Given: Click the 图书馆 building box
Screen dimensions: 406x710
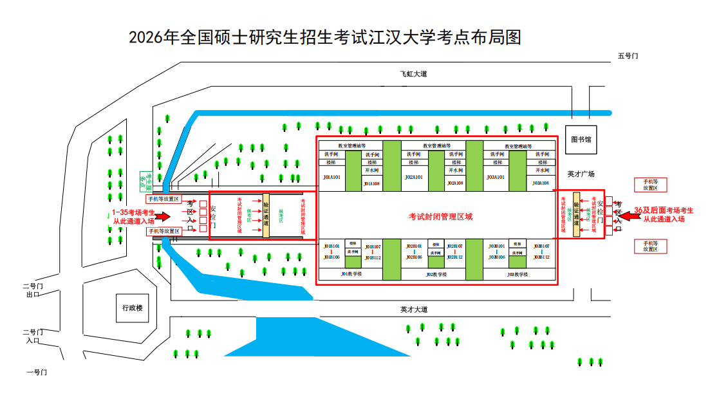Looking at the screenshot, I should (x=581, y=139).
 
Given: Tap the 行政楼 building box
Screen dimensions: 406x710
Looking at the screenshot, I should (x=132, y=308).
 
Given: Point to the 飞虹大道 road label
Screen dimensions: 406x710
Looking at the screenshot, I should (x=413, y=74).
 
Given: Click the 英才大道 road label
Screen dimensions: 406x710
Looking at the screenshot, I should (x=413, y=309).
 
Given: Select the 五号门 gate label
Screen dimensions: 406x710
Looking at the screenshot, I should (x=628, y=56).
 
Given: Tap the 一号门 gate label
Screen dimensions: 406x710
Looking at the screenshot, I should (x=36, y=372).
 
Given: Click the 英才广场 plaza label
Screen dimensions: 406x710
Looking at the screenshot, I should (x=581, y=174).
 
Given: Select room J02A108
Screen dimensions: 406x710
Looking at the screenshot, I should (x=455, y=183).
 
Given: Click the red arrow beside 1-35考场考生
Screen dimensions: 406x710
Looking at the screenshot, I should (x=163, y=216).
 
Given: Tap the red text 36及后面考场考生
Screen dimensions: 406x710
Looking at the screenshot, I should (x=664, y=210).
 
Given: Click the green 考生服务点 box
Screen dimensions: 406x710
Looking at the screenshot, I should (x=145, y=182).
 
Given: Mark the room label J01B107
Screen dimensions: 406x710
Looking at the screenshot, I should (x=373, y=246).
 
